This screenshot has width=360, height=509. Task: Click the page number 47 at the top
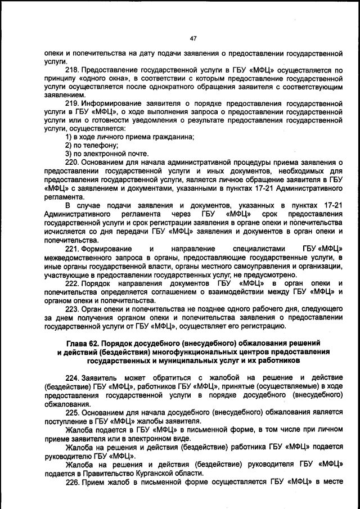[x=193, y=38]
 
